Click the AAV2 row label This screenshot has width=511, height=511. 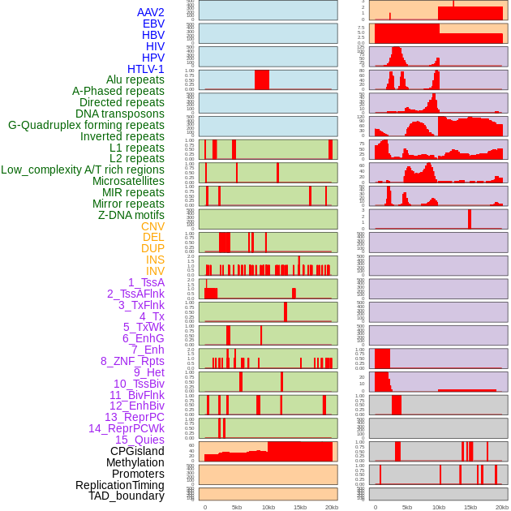tap(150, 12)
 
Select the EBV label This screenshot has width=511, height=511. tap(153, 24)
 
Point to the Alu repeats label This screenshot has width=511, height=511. tap(135, 79)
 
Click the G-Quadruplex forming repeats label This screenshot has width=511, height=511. tap(86, 125)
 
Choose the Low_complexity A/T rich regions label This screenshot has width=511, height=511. tap(83, 170)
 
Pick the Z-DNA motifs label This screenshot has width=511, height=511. tap(131, 215)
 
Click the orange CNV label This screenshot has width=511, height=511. tap(152, 226)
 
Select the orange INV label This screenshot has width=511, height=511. tap(155, 271)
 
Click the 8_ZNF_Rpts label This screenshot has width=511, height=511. tap(132, 361)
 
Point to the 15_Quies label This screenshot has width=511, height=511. tap(140, 440)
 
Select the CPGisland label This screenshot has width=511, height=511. tap(137, 451)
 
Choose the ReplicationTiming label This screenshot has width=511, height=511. tap(119, 485)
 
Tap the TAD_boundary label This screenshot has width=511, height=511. tap(127, 496)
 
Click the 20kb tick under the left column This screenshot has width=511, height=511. tap(332, 507)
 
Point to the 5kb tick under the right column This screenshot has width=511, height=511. tap(406, 507)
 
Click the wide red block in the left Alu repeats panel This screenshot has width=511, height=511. tap(262, 79)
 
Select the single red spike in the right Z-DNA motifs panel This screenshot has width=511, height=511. tap(469, 219)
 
